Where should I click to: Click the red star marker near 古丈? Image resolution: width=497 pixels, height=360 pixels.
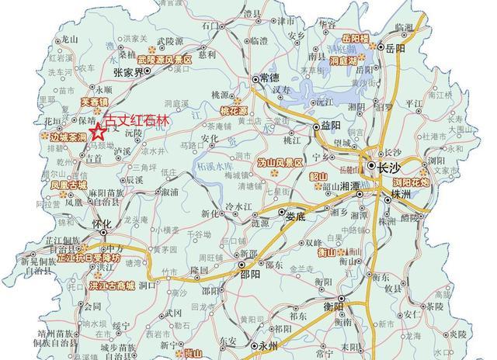coord(98,132)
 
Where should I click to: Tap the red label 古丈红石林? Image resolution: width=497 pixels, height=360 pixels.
coord(137,121)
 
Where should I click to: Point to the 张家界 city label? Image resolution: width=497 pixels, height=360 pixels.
coord(128,71)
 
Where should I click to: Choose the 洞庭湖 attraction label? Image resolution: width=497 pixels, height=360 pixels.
coord(342,60)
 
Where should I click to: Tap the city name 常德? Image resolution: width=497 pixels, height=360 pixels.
coord(269,78)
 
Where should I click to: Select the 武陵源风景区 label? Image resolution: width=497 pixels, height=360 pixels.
coord(165,59)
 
